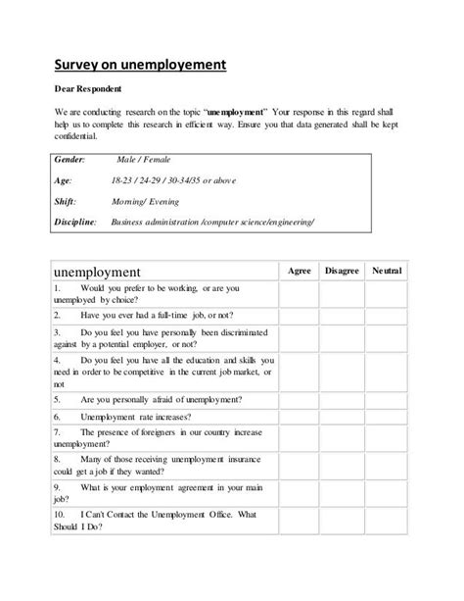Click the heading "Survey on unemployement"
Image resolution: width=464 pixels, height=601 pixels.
point(139,66)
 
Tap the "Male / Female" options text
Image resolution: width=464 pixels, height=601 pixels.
point(143,158)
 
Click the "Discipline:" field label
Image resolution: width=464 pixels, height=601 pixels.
point(74,223)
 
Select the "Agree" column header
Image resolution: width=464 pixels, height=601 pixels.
point(300,270)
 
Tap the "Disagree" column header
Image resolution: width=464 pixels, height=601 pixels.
point(342,270)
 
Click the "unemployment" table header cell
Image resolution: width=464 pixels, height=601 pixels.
point(96,272)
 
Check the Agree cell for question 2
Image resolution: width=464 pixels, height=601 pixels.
point(300,316)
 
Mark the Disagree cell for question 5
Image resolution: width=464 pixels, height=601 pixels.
point(342,400)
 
